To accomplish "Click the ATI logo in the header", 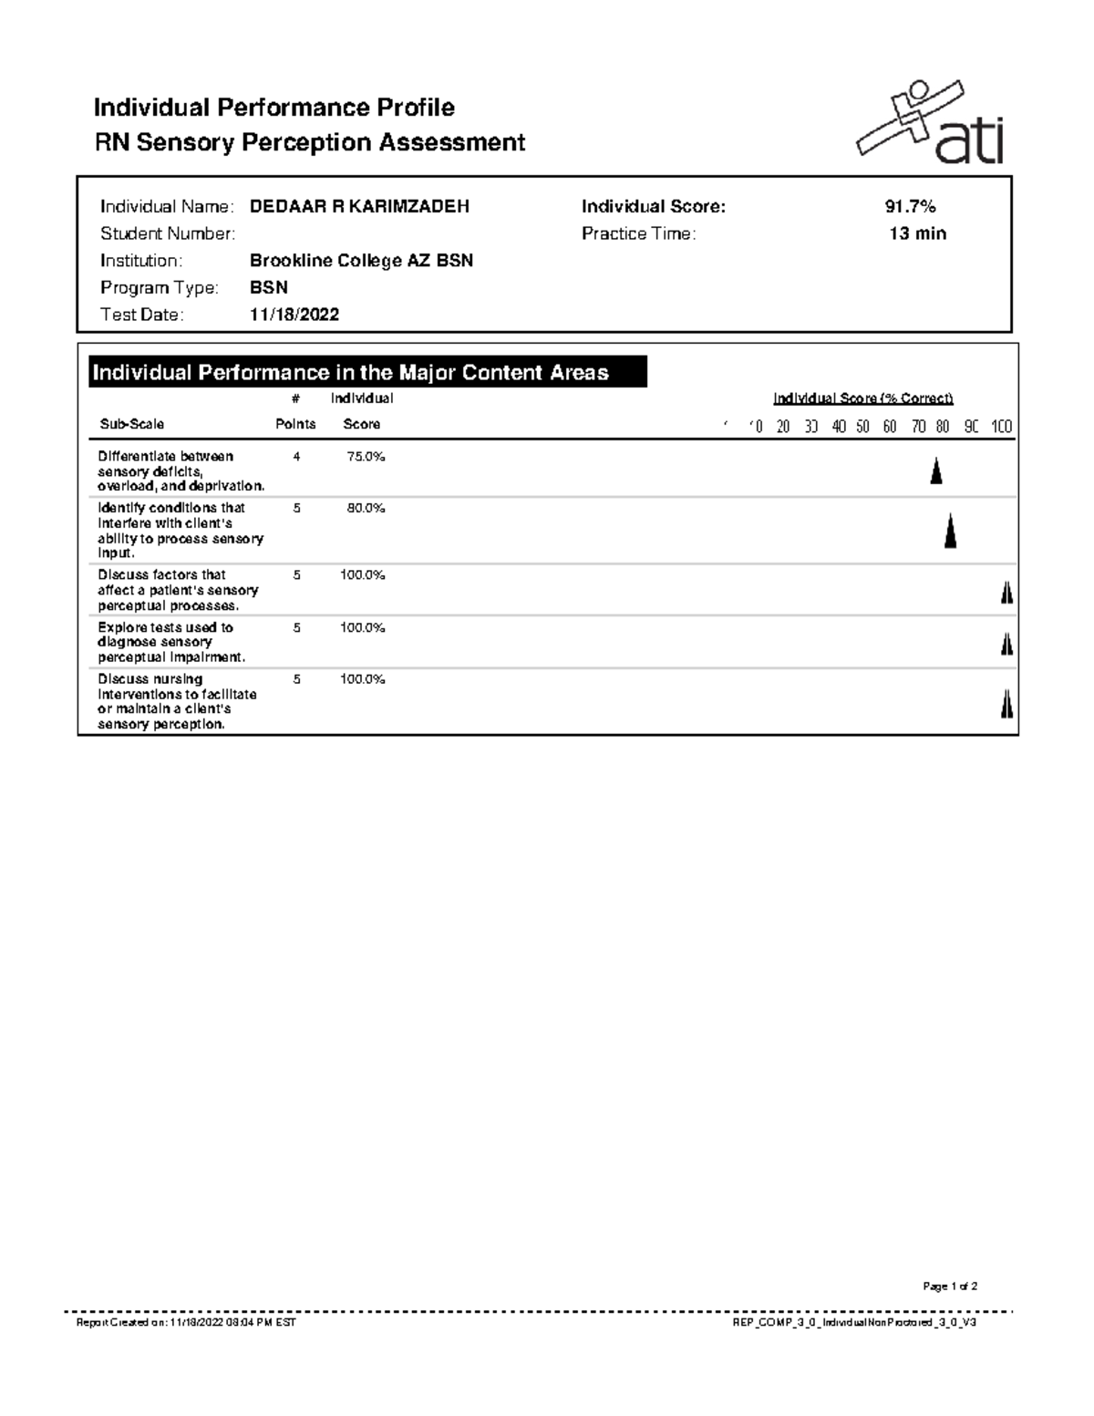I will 931,125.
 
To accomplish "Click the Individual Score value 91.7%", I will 903,207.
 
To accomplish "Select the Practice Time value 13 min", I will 917,234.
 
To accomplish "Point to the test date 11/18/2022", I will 294,315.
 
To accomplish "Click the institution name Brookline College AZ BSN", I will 361,262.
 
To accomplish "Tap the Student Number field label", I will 168,234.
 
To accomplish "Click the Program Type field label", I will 160,288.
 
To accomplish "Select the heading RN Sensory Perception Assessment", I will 310,143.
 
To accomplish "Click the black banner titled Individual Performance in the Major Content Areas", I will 367,373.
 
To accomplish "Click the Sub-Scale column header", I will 132,425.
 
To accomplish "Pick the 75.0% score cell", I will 366,457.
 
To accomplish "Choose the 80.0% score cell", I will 366,509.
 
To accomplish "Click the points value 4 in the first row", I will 296,457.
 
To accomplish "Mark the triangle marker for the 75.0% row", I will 935,471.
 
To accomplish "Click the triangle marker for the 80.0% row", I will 950,531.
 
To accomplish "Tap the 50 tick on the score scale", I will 862,427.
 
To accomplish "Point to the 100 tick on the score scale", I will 1001,427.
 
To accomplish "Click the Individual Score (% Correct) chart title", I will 862,398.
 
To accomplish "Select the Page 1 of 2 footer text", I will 950,1287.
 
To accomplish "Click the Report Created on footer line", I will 186,1322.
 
